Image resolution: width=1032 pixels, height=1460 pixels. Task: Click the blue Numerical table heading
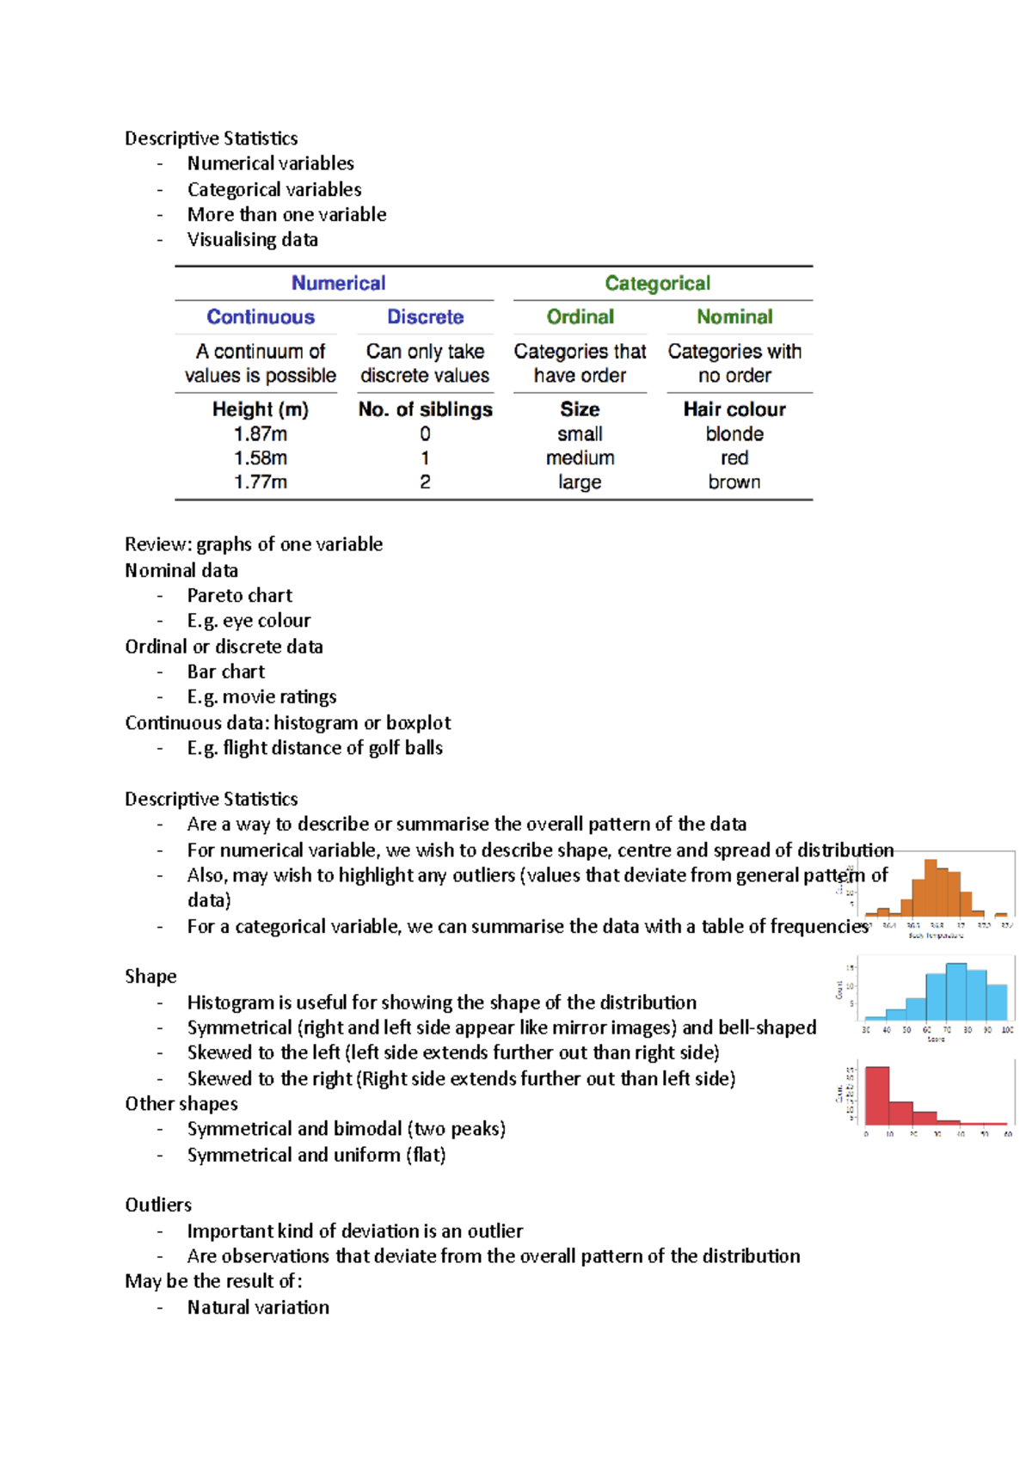click(338, 283)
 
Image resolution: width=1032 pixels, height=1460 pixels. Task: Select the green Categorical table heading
click(657, 283)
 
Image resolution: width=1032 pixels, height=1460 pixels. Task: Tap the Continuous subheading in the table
click(261, 316)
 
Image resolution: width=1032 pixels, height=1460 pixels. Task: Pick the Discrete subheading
click(425, 316)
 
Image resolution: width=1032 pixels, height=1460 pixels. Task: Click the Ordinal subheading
click(580, 316)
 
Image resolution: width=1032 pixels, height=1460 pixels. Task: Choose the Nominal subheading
click(734, 316)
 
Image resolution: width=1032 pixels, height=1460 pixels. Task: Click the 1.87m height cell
click(261, 434)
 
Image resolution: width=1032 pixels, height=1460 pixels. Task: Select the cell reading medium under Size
click(580, 458)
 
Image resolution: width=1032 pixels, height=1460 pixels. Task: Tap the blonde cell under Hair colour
click(734, 434)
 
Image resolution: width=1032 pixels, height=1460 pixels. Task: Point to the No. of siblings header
click(425, 409)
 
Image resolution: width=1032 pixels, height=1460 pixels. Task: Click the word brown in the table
click(734, 482)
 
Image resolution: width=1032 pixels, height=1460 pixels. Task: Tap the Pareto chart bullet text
click(240, 595)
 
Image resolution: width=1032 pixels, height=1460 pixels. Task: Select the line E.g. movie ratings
click(261, 696)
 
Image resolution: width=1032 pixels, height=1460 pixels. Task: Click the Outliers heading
click(158, 1205)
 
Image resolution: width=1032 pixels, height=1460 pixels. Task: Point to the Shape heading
click(150, 976)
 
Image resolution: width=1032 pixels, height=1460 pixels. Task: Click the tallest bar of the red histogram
click(877, 1095)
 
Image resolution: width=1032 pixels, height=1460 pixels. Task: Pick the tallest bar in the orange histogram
click(930, 887)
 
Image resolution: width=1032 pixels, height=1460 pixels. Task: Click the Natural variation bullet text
click(258, 1307)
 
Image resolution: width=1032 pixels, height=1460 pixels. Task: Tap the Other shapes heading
click(181, 1103)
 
